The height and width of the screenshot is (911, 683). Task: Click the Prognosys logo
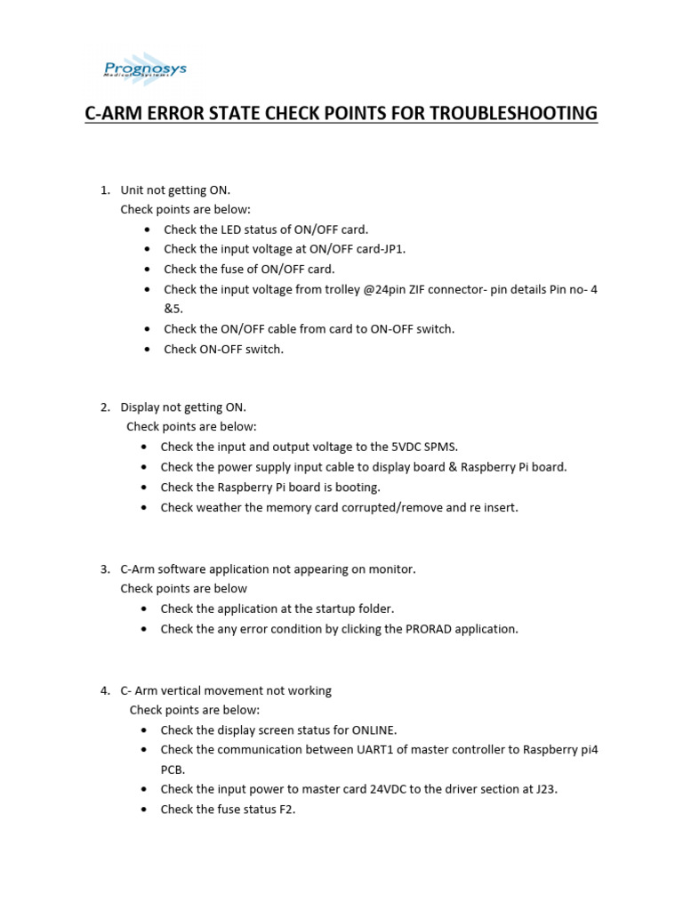tap(141, 70)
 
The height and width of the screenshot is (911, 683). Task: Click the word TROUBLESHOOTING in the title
tap(514, 113)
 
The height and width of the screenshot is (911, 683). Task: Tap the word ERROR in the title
tap(183, 113)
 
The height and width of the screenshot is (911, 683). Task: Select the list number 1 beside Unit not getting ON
tap(104, 190)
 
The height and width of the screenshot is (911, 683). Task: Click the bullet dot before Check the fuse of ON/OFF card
tap(147, 269)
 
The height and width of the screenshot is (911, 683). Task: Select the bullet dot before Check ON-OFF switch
tap(147, 349)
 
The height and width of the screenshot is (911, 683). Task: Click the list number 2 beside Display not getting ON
tap(104, 407)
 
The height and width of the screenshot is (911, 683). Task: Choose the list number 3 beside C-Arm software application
tap(104, 568)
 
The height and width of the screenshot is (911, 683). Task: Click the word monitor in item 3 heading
tap(392, 568)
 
